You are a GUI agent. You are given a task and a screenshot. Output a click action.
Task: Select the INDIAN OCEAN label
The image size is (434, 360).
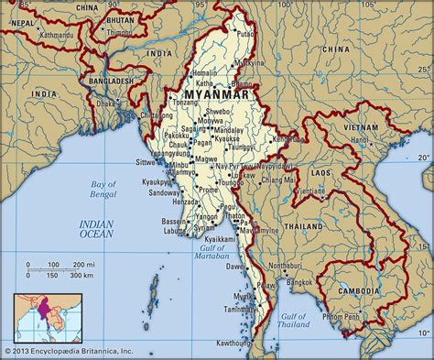pyautogui.click(x=94, y=229)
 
